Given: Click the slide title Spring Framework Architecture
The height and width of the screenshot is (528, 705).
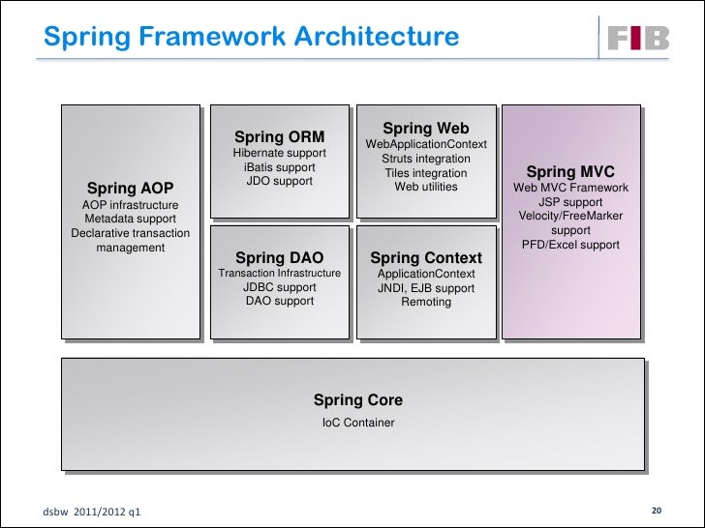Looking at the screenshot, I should [x=251, y=37].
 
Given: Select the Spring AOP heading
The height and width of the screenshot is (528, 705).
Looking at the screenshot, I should [x=130, y=188].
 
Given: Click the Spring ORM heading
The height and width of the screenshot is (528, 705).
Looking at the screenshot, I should [x=279, y=137].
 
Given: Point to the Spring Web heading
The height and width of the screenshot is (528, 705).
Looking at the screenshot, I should [x=425, y=128].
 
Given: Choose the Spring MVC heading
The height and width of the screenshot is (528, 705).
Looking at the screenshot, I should [x=570, y=171].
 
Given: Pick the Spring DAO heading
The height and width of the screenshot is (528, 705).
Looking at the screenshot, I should [x=279, y=257].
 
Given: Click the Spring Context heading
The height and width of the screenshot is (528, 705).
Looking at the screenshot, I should [x=425, y=257].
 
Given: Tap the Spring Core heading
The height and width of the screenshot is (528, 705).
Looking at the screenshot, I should [x=357, y=400].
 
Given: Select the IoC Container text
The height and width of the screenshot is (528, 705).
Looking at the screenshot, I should [x=357, y=423].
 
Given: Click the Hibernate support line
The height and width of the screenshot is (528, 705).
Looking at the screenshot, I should [x=279, y=154].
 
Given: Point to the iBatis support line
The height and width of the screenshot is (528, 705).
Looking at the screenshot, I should [x=279, y=167].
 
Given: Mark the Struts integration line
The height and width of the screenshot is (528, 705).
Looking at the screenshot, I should [x=425, y=159].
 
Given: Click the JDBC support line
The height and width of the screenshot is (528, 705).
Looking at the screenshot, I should [x=279, y=287].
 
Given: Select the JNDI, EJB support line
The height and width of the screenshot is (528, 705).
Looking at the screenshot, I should [x=425, y=288].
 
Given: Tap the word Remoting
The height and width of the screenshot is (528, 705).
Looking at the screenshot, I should [x=425, y=302].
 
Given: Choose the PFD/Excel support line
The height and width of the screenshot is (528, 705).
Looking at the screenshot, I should [x=570, y=246].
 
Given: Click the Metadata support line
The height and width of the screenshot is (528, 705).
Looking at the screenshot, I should [x=130, y=220].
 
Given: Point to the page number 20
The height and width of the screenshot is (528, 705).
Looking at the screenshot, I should [x=656, y=510].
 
